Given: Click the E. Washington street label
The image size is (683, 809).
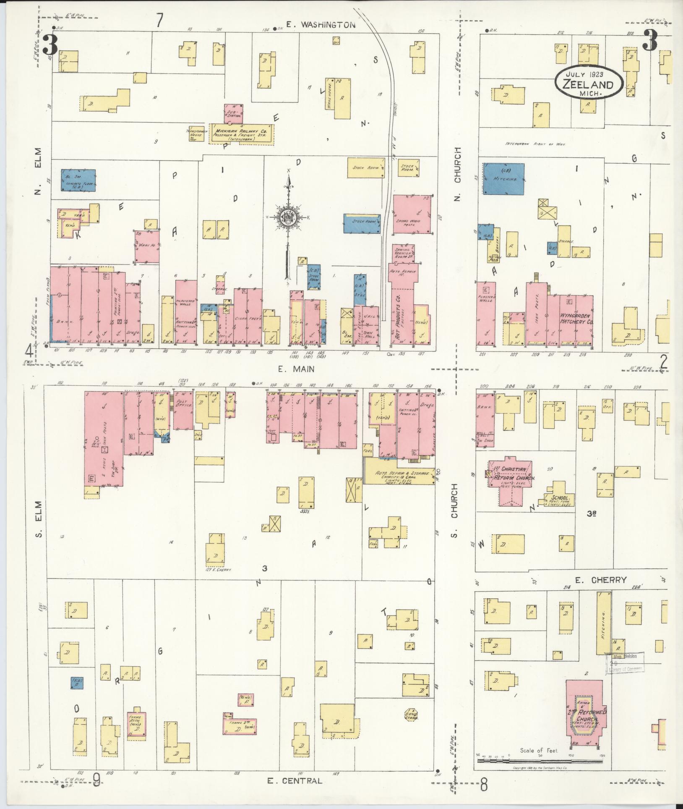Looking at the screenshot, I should (321, 25).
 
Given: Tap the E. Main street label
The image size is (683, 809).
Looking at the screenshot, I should (296, 369).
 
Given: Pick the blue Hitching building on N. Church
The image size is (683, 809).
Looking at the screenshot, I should (503, 179).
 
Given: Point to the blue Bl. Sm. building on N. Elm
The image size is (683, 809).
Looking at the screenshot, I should (78, 181).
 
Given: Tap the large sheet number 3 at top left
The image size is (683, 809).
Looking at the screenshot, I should (50, 44).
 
